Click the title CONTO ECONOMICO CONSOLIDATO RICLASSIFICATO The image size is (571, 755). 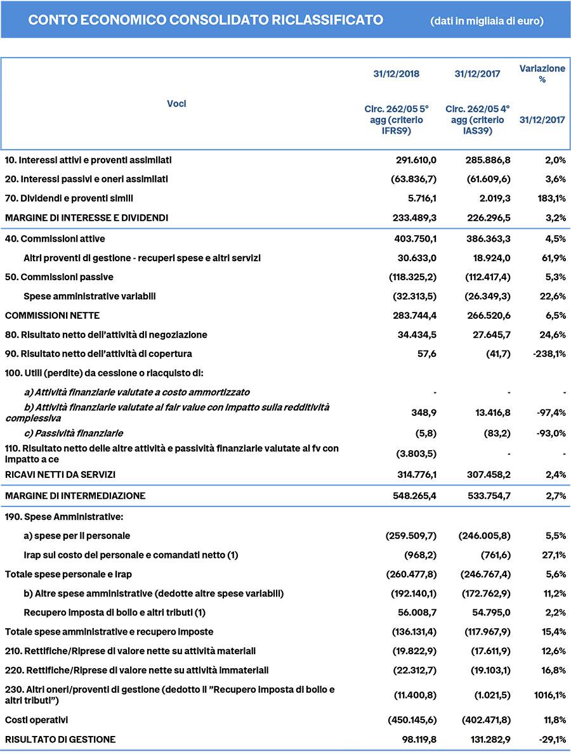206,20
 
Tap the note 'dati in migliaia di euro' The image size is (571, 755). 487,21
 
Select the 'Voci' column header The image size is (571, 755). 176,103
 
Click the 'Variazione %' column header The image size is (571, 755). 542,74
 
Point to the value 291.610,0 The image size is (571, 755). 416,160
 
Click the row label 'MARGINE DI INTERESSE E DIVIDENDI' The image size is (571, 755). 87,217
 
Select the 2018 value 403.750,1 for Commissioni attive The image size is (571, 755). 416,239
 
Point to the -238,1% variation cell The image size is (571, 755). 547,353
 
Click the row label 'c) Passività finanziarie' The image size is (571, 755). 73,433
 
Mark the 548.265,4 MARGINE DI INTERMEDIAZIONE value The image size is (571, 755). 416,496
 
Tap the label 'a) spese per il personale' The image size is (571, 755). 77,536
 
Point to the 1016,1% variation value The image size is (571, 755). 549,695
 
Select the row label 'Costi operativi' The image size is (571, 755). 36,720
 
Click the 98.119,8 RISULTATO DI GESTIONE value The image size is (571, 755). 419,739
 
